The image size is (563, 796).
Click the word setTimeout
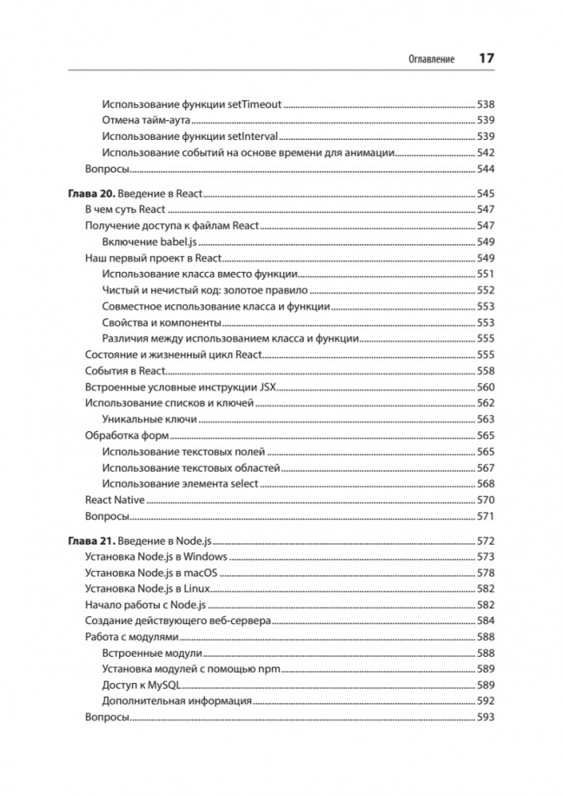(256, 103)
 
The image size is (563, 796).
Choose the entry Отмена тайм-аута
(147, 120)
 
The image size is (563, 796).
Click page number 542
(485, 153)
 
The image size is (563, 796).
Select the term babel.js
(176, 242)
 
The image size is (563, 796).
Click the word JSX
(266, 387)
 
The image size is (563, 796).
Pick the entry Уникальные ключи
(143, 419)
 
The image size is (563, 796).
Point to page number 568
(485, 483)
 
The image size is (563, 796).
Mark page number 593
(485, 717)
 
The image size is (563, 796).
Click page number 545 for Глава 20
(485, 193)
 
